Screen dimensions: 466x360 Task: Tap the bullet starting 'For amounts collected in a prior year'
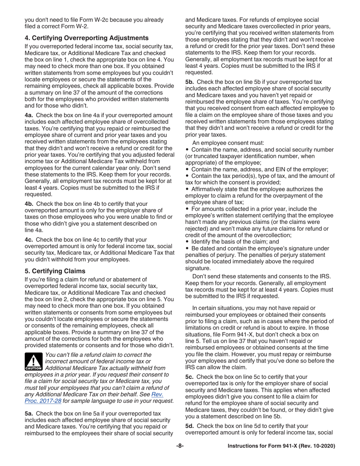click(258, 221)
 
